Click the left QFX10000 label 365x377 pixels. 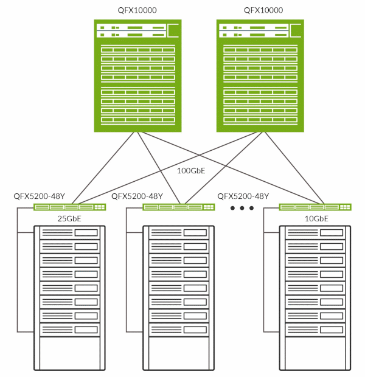138,10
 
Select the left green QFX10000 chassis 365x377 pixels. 138,76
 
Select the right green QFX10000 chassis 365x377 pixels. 260,76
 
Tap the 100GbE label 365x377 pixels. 190,171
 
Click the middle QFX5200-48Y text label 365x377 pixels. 137,196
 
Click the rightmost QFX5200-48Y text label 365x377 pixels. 243,196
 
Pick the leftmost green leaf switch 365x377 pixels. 70,207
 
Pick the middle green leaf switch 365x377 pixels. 179,207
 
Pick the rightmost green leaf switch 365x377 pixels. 316,207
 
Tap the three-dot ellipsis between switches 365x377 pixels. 242,209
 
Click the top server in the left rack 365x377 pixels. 69,233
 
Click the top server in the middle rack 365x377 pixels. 179,233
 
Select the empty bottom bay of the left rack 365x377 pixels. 69,354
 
